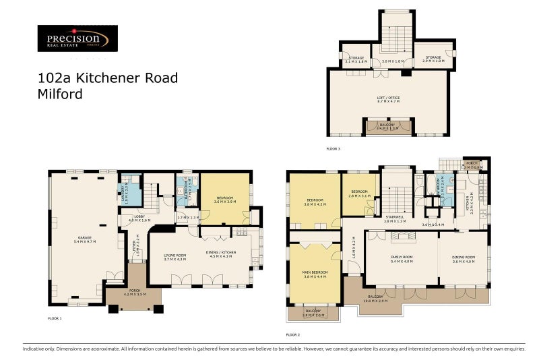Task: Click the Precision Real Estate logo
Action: coord(77,39)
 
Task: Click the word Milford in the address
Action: coord(60,94)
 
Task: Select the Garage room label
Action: coord(85,239)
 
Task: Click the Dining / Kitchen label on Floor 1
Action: coord(220,255)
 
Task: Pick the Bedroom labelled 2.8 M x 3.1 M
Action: coord(358,193)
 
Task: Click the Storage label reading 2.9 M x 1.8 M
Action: coord(432,59)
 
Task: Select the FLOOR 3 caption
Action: coord(334,148)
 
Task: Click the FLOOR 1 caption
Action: coord(55,318)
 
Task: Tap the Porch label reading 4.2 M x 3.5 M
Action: coord(135,293)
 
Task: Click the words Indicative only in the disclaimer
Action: coord(38,348)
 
